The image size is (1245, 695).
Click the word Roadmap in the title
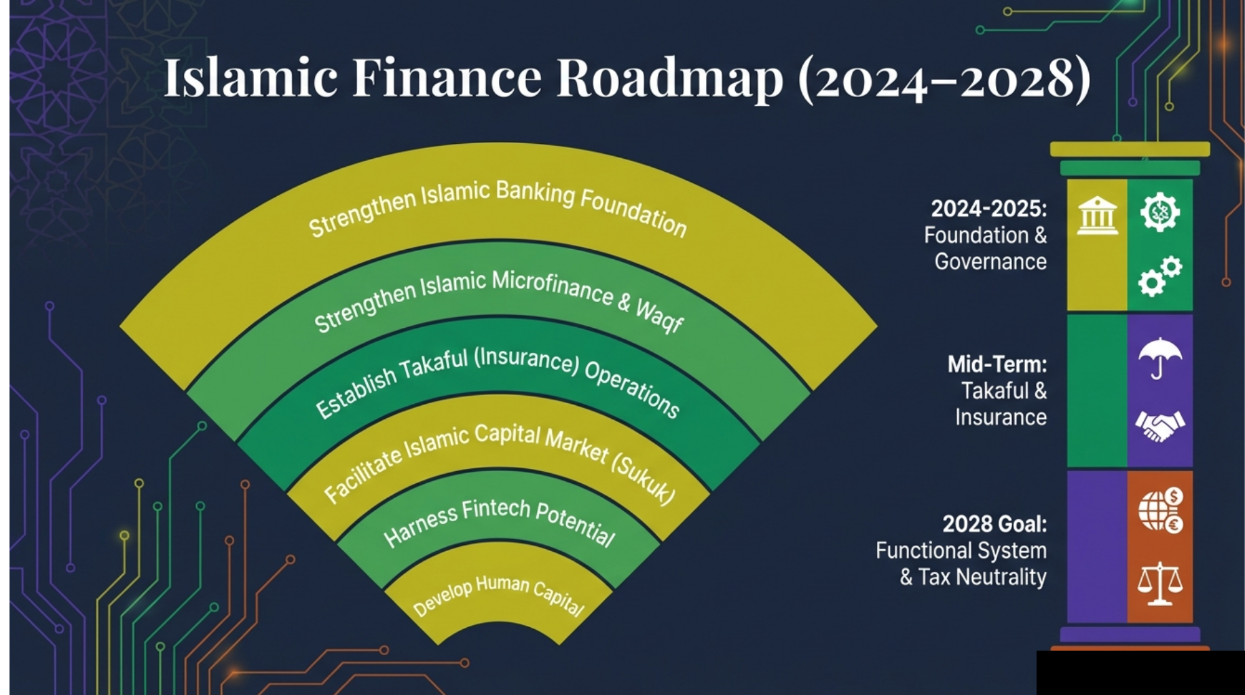669,79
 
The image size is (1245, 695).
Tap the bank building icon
1097,216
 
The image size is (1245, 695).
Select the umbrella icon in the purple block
1159,358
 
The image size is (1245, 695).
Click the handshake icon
1159,426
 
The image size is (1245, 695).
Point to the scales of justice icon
1159,583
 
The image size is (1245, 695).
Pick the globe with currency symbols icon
1161,510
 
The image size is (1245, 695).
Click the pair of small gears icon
1159,276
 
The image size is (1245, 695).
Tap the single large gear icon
1159,212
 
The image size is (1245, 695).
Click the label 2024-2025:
988,208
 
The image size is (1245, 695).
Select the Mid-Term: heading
997,364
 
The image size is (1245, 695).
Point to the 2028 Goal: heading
994,524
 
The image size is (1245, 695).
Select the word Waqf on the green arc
658,316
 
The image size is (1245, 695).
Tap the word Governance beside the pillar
990,261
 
